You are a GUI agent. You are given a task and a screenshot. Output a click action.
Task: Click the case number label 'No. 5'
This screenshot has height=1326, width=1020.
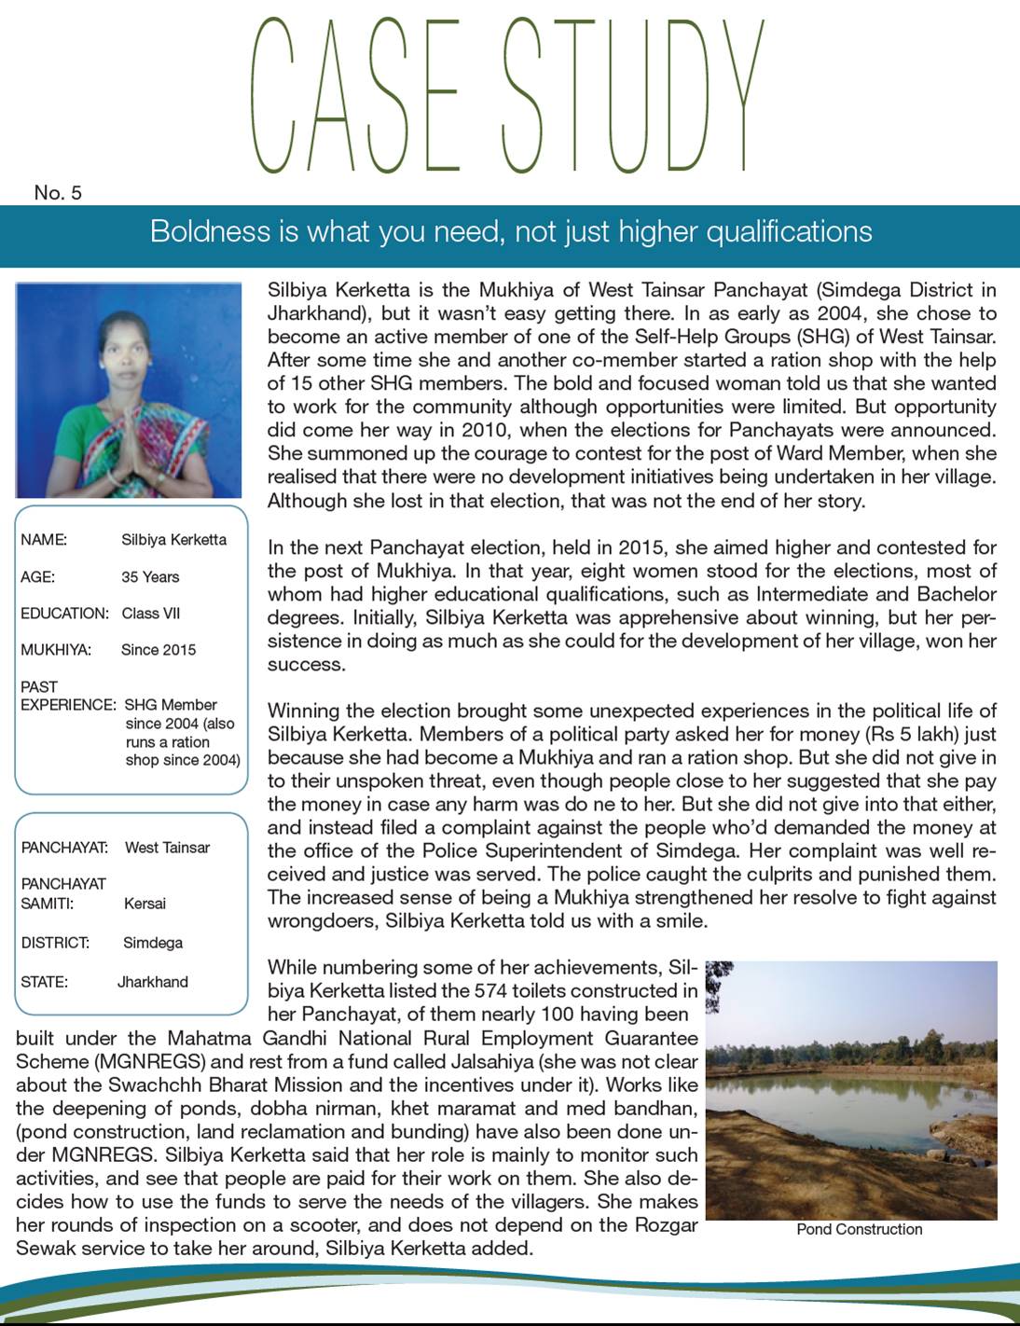click(58, 193)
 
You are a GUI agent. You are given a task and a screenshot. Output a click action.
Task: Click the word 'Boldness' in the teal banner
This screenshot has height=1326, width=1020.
click(210, 231)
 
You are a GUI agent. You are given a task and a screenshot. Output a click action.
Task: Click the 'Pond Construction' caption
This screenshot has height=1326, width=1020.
click(859, 1229)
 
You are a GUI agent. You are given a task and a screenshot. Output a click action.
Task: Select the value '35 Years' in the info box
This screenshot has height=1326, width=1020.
click(150, 577)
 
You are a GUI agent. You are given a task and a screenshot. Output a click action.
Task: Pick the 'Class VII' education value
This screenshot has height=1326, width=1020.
click(151, 614)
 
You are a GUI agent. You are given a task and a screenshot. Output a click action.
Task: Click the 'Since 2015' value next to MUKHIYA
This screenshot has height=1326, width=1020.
click(159, 650)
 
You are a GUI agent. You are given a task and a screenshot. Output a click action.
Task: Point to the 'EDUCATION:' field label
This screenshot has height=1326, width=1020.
click(64, 614)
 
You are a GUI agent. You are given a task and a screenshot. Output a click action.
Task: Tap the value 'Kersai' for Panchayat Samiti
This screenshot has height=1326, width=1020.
click(145, 904)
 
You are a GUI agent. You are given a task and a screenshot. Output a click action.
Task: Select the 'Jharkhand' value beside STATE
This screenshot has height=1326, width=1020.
click(153, 982)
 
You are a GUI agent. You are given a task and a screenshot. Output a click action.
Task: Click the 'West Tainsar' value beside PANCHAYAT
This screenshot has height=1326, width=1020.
click(167, 848)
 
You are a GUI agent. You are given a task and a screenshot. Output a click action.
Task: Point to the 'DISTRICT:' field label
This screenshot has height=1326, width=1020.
click(55, 943)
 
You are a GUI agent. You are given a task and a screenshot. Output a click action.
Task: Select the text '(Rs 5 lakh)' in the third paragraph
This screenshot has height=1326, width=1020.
click(915, 734)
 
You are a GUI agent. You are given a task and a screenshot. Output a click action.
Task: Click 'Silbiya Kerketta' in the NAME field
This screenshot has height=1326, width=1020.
click(173, 540)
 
